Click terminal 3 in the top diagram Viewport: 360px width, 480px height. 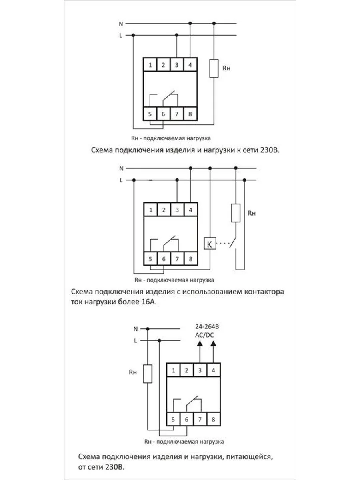177,65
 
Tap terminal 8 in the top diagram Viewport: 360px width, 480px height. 190,114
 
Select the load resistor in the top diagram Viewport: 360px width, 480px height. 214,68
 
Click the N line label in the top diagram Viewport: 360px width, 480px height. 121,24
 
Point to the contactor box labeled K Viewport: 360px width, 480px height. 210,243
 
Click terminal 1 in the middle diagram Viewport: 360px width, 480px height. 151,210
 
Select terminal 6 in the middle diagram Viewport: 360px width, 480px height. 164,259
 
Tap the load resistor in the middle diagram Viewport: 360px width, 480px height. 236,213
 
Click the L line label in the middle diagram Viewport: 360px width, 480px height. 121,180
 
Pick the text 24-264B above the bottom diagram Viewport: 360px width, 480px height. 207,327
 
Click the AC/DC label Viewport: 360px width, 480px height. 204,335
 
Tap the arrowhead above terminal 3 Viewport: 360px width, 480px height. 200,344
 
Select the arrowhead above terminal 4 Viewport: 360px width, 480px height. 213,344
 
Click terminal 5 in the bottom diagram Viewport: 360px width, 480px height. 173,420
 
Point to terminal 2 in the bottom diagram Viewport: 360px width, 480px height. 186,370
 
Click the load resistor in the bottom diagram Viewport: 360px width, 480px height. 148,374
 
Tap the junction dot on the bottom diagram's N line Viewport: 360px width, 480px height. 148,329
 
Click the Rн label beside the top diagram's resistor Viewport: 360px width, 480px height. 226,68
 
